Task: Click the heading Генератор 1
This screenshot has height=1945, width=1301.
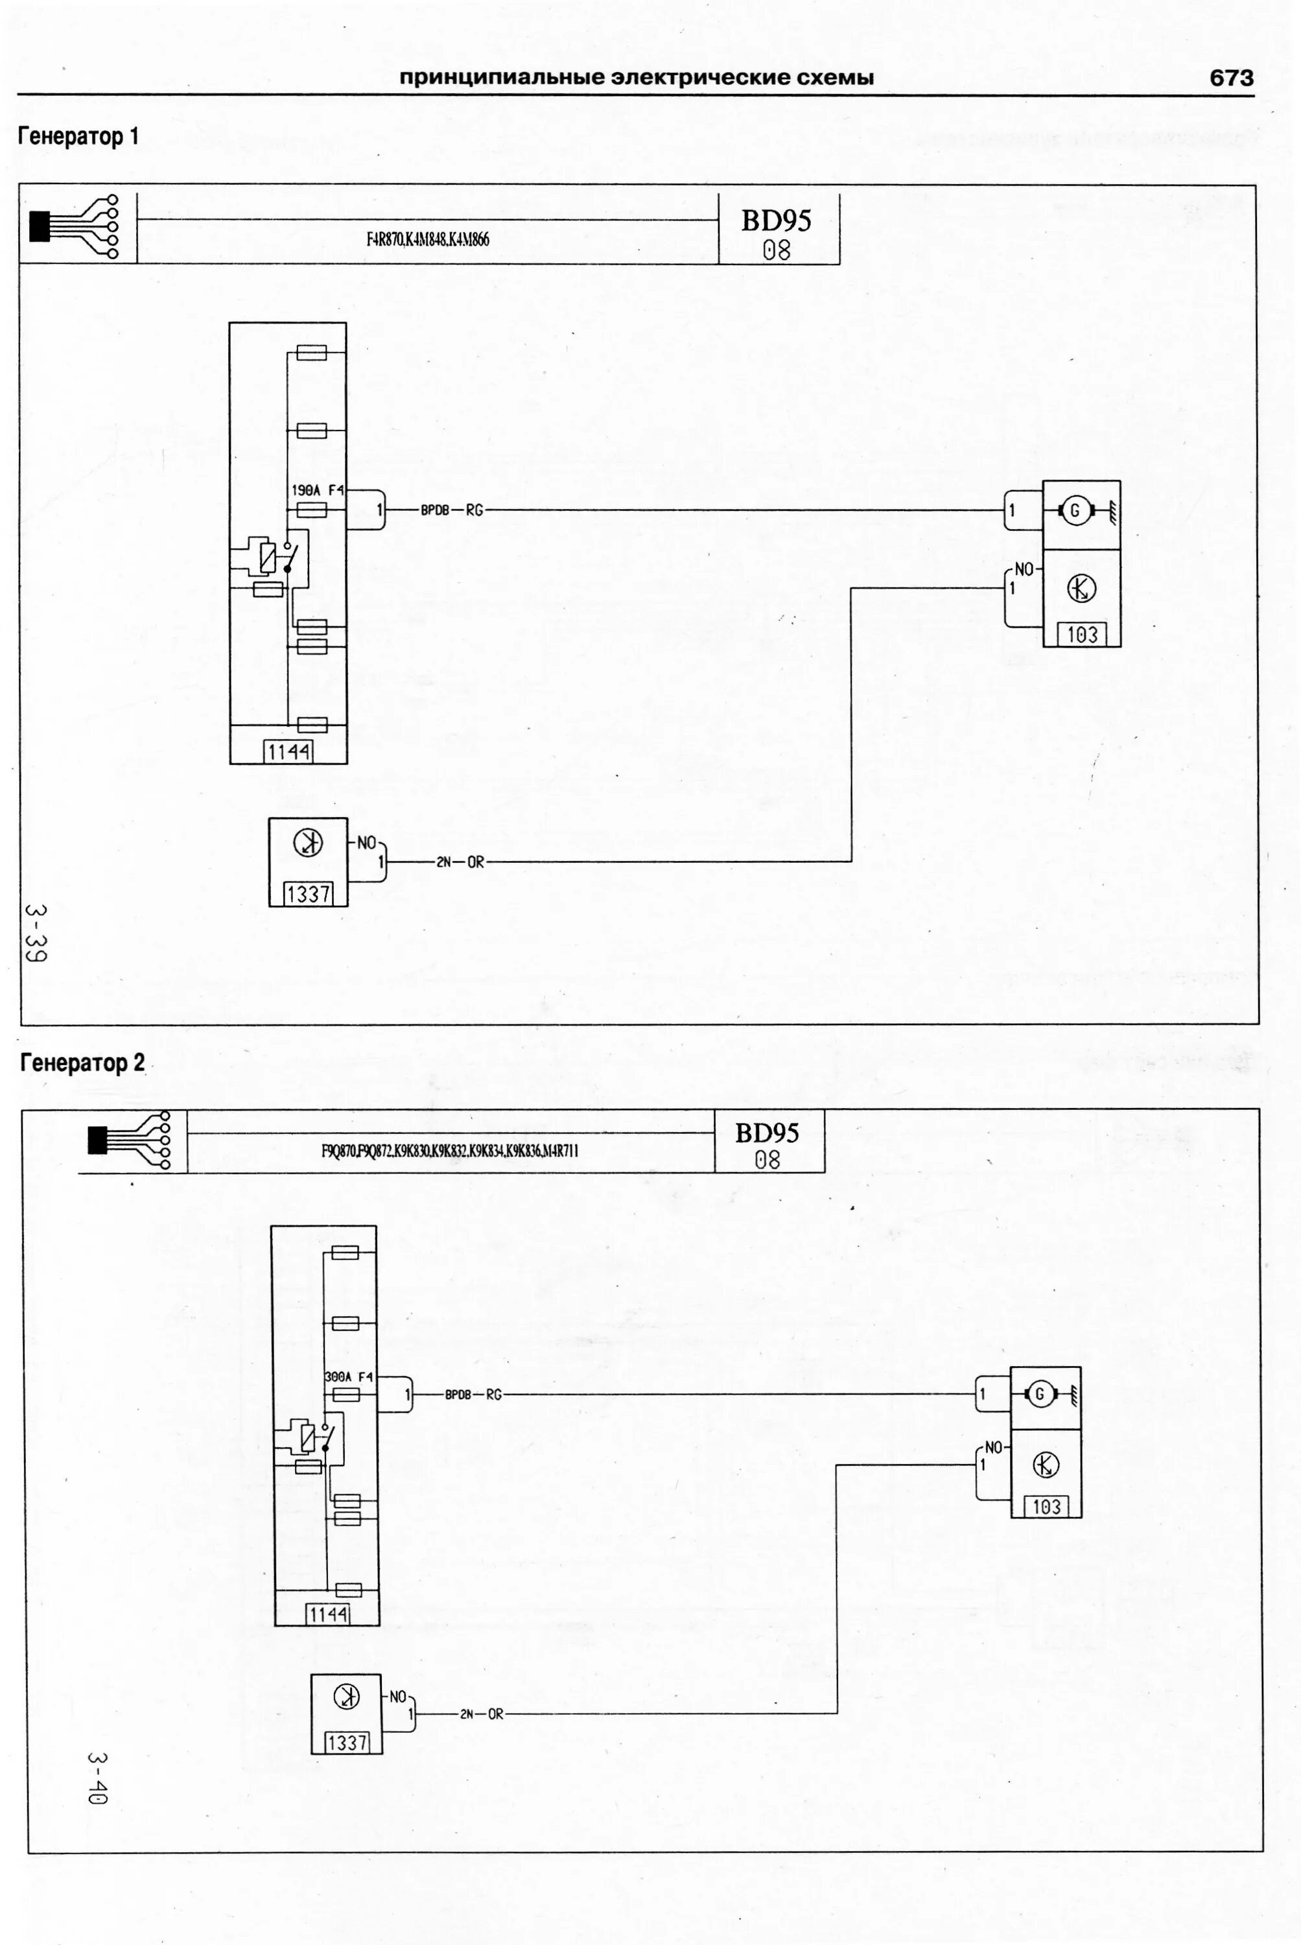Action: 79,136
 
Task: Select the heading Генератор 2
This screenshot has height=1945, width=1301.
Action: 82,1063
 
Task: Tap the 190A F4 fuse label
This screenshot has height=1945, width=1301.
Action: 317,490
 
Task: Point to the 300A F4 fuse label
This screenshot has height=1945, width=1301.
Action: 349,1376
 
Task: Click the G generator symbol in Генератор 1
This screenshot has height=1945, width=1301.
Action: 1075,511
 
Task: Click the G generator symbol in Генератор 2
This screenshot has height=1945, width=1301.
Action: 1040,1395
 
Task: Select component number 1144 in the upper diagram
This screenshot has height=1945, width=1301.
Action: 288,752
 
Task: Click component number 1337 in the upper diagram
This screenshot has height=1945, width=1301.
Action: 308,895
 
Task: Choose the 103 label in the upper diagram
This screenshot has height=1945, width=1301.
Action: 1082,635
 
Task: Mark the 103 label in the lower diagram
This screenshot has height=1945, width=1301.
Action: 1046,1506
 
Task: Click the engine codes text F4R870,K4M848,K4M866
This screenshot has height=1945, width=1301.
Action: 427,240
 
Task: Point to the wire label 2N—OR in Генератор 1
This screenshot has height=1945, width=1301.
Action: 460,862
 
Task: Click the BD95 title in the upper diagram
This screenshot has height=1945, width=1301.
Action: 776,220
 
